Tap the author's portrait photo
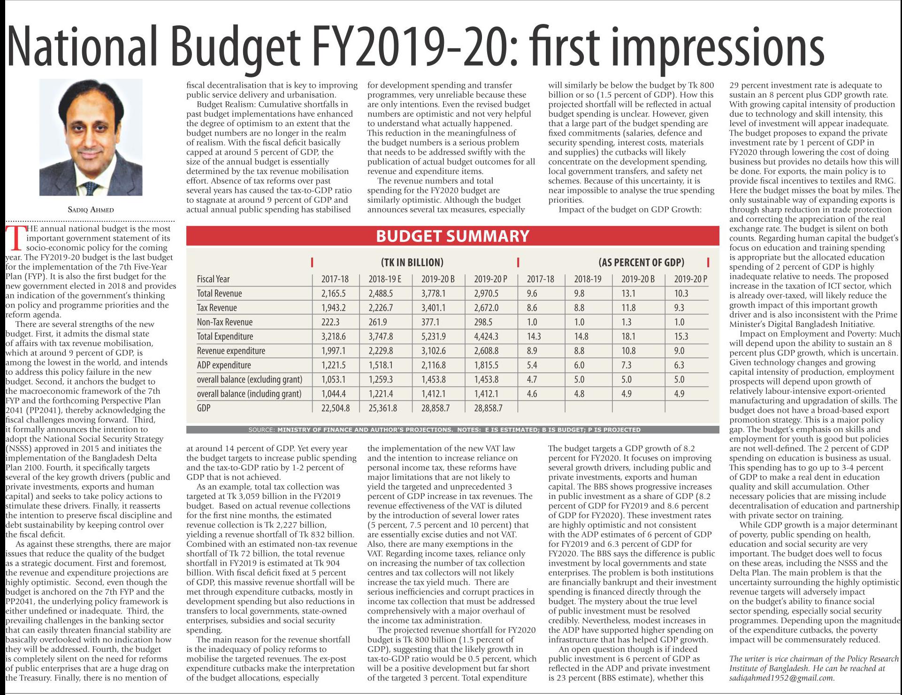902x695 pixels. click(x=91, y=137)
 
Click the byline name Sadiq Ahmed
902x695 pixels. click(x=91, y=210)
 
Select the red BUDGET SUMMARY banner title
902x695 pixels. click(x=452, y=236)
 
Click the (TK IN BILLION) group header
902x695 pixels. click(x=412, y=262)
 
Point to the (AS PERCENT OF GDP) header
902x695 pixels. click(x=641, y=262)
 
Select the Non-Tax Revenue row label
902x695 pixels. click(x=224, y=322)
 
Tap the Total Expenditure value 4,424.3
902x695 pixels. click(x=486, y=337)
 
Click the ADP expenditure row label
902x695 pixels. click(x=224, y=365)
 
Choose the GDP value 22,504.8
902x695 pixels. click(x=335, y=408)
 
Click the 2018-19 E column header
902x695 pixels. click(x=385, y=279)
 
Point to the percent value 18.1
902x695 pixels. click(x=628, y=337)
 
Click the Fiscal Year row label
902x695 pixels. click(x=213, y=279)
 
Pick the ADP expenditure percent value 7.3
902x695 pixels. click(x=627, y=365)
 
